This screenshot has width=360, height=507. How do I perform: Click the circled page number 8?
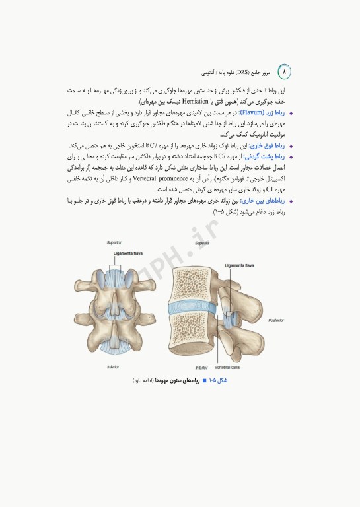click(x=285, y=70)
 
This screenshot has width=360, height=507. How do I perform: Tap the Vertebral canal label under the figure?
click(x=229, y=366)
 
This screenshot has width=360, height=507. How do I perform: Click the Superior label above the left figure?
click(x=114, y=242)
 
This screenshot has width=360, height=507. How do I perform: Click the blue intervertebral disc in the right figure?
click(x=192, y=306)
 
